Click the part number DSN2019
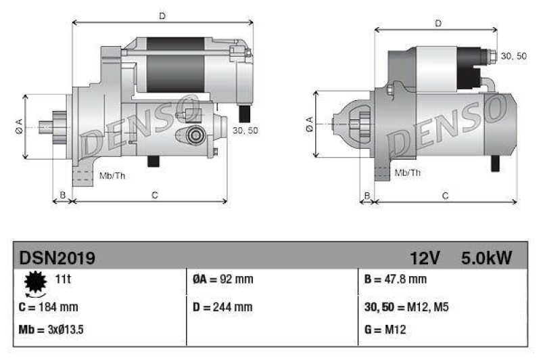pos(57,258)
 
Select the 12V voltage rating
pos(425,258)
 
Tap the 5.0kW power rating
pos(486,258)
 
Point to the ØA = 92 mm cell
pos(219,279)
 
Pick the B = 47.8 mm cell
pos(396,279)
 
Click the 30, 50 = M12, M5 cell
pos(406,307)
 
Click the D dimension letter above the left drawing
pos(161,15)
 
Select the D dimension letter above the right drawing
pos(438,24)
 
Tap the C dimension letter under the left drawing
pos(155,196)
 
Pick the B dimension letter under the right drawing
pos(367,196)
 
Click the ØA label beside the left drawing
pos(18,125)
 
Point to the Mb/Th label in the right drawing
pos(407,173)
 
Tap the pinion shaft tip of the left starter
pos(43,126)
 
